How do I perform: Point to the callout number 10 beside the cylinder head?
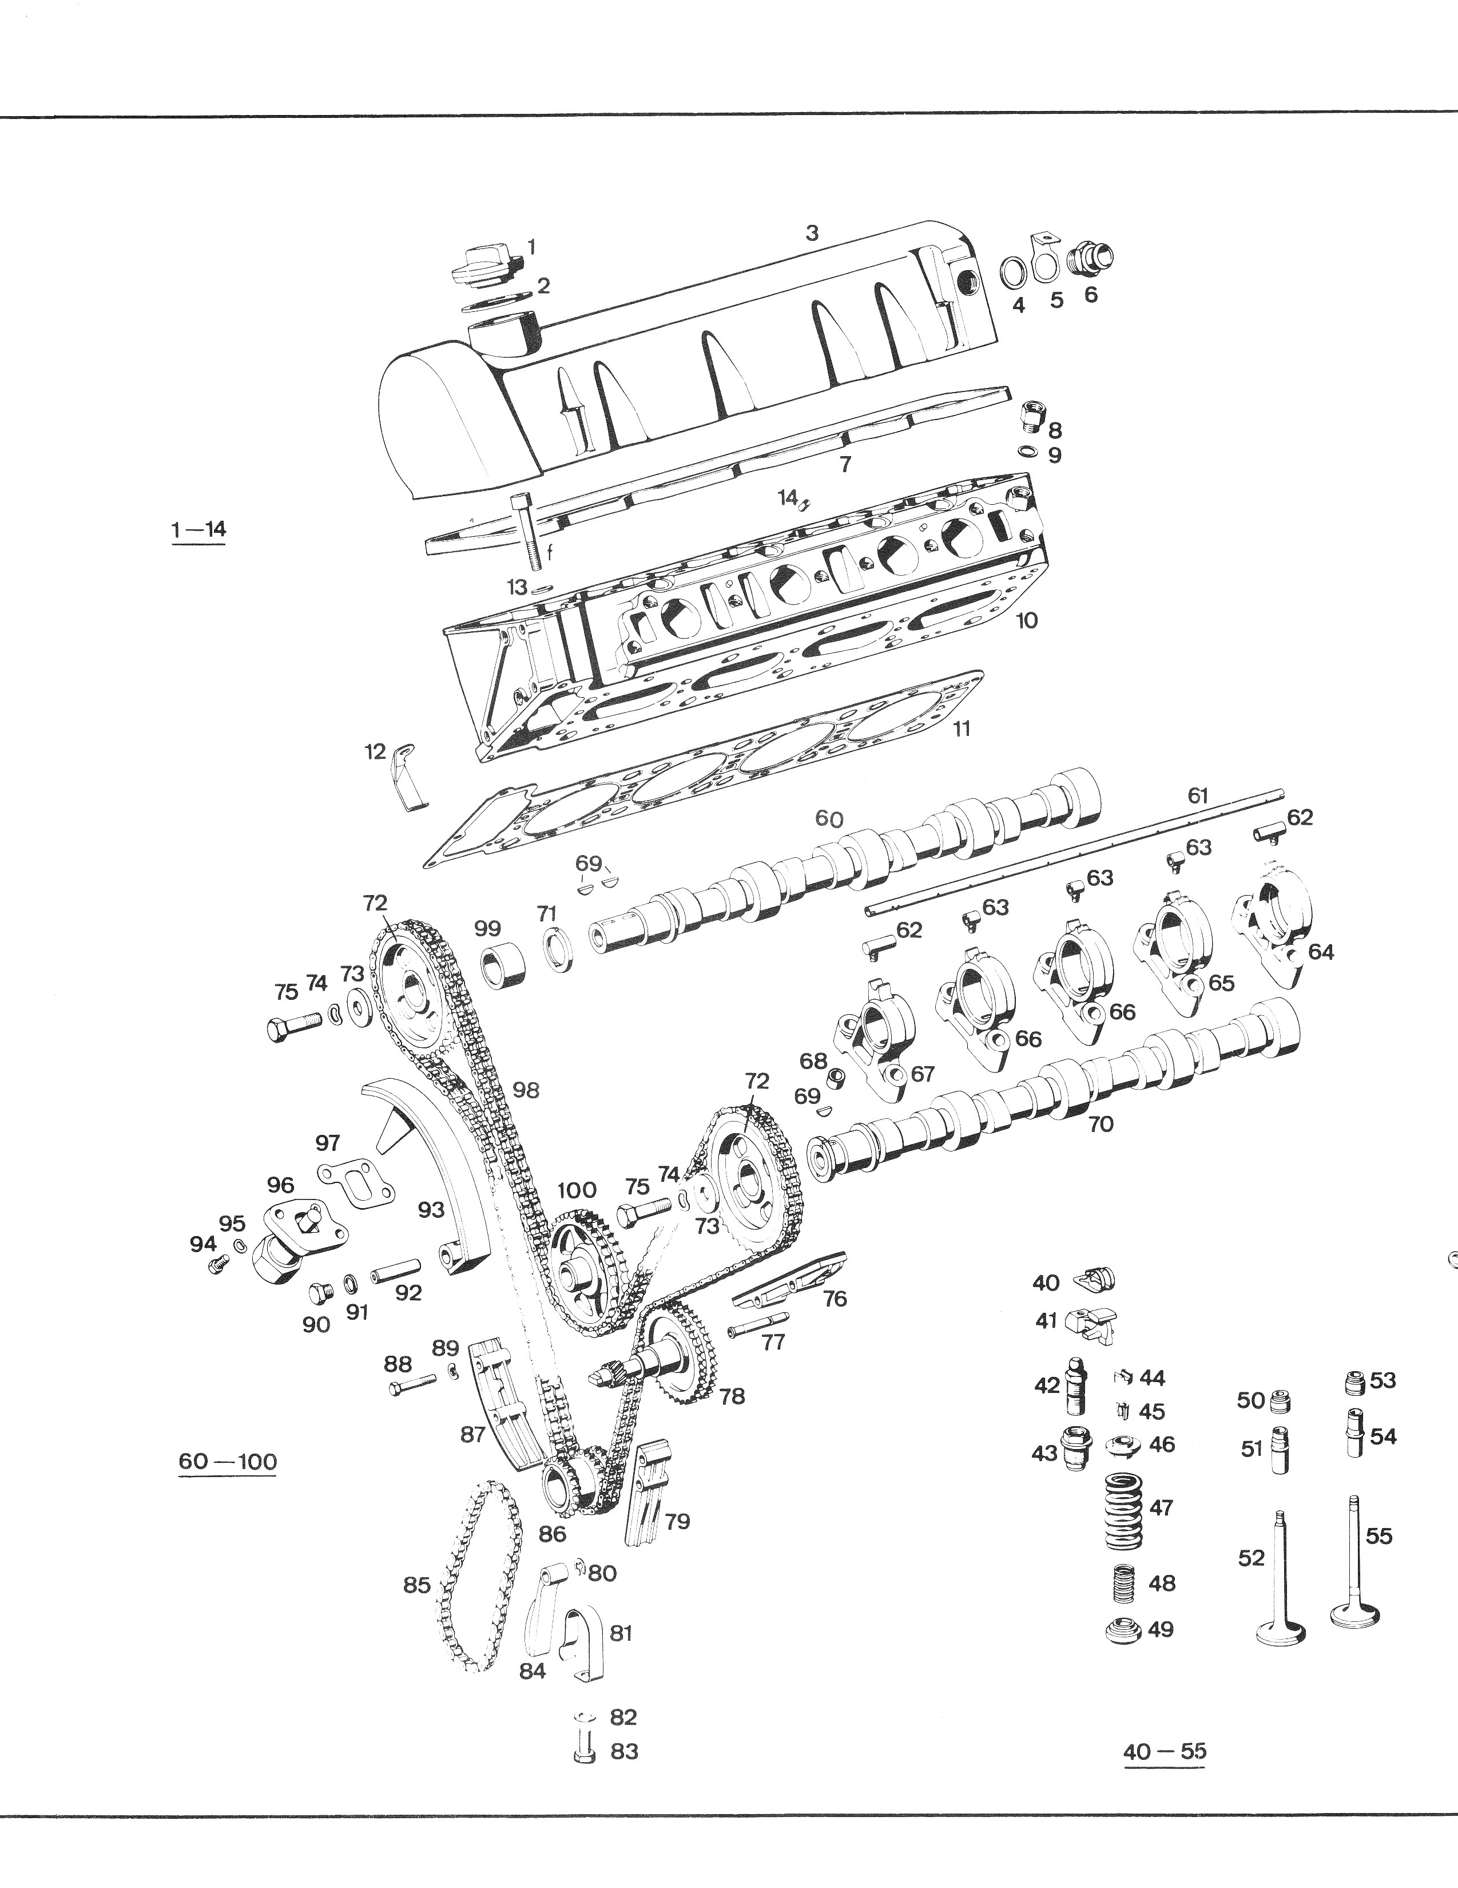1027,621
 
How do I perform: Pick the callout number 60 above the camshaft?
829,818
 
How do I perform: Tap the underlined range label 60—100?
227,1461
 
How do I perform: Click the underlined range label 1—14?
199,529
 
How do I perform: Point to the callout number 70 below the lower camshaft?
1101,1124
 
